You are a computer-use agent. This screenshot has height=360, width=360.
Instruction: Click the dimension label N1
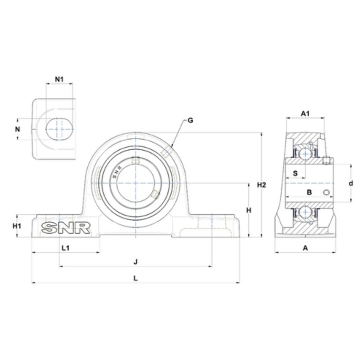point(59,79)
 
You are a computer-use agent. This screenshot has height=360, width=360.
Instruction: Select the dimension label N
point(17,129)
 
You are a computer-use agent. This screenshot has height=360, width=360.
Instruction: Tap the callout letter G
point(190,120)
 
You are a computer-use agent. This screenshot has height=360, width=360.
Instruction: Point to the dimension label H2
point(261,185)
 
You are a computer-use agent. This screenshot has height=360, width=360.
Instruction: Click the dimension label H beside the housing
point(249,210)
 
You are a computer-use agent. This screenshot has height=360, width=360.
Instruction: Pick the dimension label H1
point(17,226)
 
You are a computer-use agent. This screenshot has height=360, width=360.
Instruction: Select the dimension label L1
point(66,248)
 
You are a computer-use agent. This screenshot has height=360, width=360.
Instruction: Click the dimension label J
point(136,261)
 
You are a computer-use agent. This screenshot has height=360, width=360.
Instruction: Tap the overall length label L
point(136,278)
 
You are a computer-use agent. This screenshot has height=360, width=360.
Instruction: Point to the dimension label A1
point(305,113)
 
